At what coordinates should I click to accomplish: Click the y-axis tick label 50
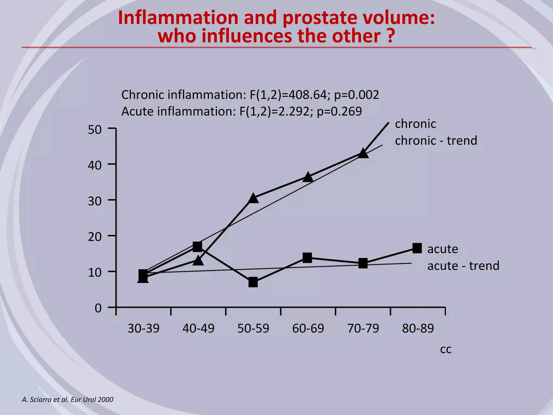(95, 130)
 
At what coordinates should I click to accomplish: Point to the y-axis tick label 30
(95, 202)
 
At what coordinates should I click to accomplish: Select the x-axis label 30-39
(143, 329)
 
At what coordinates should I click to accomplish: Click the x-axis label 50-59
(253, 329)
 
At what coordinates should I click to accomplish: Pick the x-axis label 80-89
(418, 329)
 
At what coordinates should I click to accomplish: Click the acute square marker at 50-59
(253, 282)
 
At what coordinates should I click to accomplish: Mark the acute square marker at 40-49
(197, 246)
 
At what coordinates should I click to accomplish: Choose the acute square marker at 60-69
(307, 258)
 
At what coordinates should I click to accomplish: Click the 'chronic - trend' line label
(436, 141)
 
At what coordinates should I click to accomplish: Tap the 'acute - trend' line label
(463, 266)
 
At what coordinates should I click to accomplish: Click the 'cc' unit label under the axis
(446, 349)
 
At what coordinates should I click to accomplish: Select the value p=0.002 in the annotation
(356, 95)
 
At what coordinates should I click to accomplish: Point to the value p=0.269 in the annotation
(339, 112)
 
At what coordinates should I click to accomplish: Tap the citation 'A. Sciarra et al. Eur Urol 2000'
(68, 400)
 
